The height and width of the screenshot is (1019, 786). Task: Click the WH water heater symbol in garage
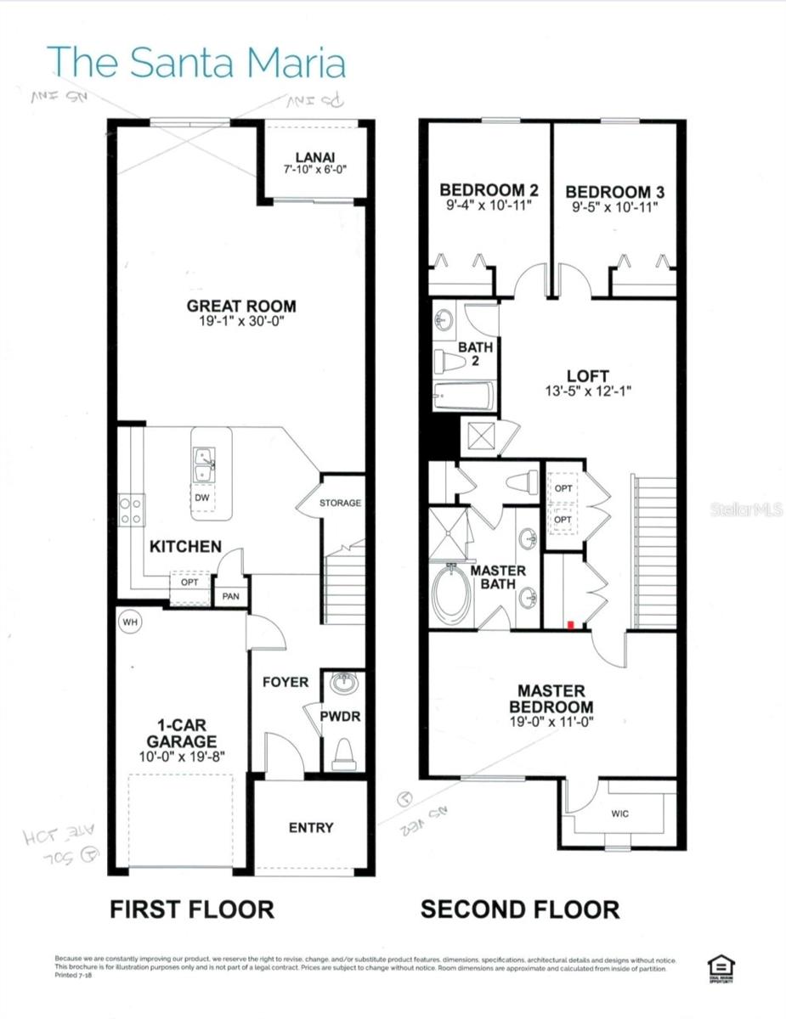point(130,621)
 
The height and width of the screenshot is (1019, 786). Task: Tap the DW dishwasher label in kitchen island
point(201,498)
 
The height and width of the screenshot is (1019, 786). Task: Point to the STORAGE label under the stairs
point(340,503)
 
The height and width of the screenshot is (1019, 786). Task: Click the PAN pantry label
point(230,597)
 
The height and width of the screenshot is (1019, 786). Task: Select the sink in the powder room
point(344,684)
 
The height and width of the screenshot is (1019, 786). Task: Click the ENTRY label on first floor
point(310,827)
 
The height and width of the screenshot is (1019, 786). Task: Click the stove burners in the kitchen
point(131,510)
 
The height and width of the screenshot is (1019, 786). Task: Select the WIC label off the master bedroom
point(620,814)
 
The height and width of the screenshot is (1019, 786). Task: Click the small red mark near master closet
point(571,624)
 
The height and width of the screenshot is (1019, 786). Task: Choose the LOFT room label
point(587,375)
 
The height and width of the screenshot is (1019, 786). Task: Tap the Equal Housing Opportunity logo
point(721,969)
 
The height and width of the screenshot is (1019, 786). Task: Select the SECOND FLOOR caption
point(520,909)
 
